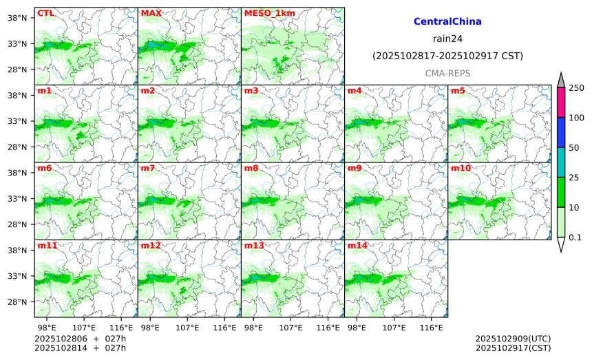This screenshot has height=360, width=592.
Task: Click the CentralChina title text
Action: (447, 22)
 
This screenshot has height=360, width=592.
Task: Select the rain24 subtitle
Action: (447, 39)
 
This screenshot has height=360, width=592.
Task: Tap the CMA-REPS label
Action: (447, 72)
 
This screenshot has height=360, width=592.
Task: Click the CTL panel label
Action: (45, 13)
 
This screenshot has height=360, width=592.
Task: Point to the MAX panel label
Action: (151, 13)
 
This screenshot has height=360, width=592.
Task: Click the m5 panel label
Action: (458, 91)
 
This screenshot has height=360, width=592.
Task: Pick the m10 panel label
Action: (461, 168)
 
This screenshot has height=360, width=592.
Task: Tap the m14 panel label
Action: (357, 246)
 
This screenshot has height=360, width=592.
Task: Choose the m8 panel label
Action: (251, 168)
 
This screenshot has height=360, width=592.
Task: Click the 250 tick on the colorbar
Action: (576, 87)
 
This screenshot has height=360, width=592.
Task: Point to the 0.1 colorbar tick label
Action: (575, 237)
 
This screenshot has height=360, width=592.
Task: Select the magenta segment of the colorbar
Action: (560, 102)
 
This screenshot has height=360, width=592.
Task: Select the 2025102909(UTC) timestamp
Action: (513, 339)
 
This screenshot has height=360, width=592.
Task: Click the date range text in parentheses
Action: (447, 56)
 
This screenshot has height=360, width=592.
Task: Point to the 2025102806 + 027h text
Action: (76, 339)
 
